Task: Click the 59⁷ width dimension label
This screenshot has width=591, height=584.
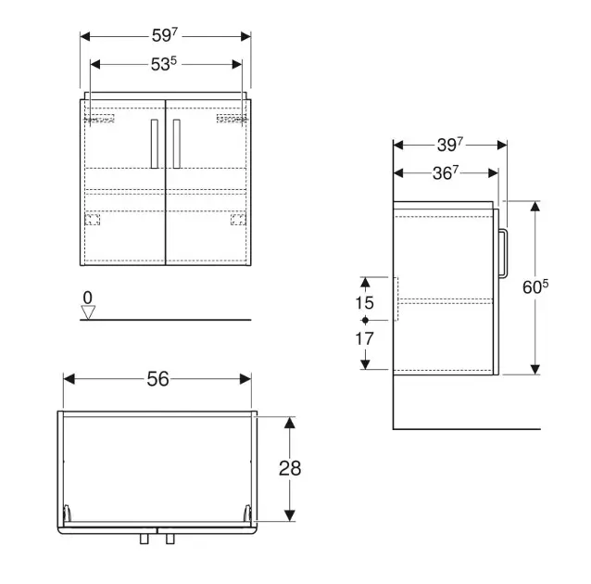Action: [165, 35]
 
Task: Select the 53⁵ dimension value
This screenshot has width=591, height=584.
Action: [164, 64]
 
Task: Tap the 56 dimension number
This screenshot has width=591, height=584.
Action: [157, 379]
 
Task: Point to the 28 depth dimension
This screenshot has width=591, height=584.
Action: [290, 468]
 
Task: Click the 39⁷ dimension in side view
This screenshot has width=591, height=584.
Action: [450, 145]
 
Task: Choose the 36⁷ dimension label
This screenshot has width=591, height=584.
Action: [446, 173]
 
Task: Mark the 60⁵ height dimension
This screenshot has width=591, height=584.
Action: [535, 287]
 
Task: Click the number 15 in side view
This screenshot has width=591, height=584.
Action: [364, 302]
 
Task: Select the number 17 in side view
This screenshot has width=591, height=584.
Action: [364, 338]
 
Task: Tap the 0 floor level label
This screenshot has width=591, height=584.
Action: [87, 298]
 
